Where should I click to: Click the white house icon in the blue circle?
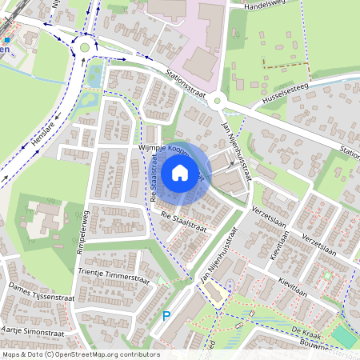tap(180, 173)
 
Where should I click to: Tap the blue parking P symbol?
tap(166, 316)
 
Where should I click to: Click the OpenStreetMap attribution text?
tap(80, 354)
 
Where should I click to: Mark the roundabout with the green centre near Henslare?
tap(84, 48)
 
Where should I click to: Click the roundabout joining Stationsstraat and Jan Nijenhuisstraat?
tap(222, 101)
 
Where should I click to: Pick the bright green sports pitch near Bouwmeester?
tap(345, 337)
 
